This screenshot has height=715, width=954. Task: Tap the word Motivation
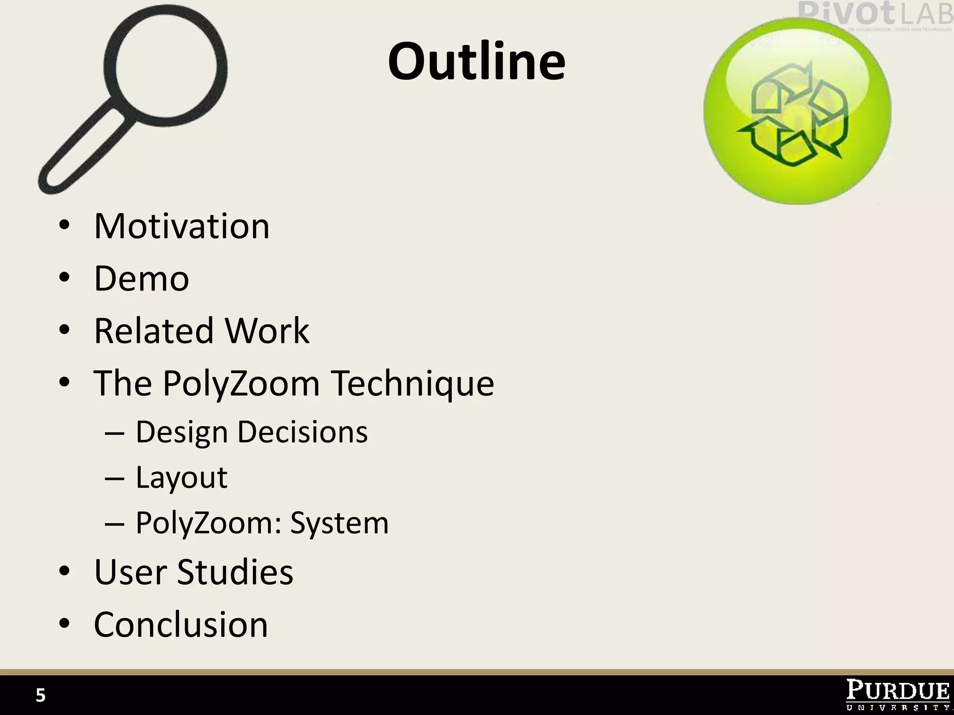[182, 226]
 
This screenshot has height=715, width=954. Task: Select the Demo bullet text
[142, 278]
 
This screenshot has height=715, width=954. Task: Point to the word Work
[267, 331]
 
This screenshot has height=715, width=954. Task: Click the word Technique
[412, 384]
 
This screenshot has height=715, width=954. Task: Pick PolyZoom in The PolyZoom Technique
[241, 384]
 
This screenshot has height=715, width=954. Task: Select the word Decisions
[303, 432]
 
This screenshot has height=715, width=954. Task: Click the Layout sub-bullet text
[181, 478]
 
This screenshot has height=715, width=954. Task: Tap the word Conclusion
[181, 625]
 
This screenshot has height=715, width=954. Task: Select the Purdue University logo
[897, 695]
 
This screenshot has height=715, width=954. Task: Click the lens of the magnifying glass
[166, 67]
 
